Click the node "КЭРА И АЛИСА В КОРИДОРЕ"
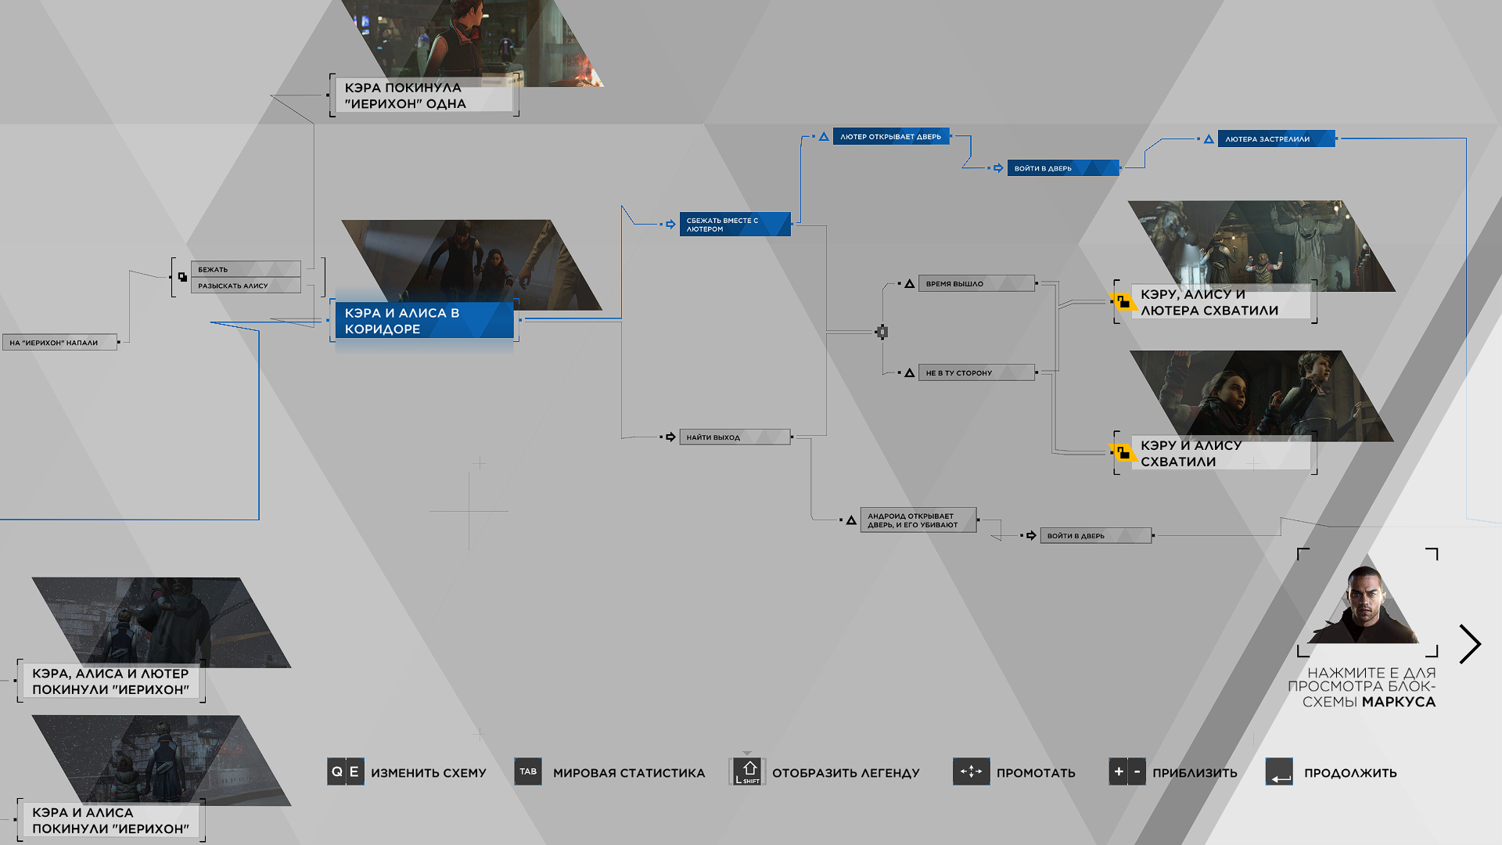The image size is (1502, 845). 424,321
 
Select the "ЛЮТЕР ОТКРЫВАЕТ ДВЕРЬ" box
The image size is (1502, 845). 891,137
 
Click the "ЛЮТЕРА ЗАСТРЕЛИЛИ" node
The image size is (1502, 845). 1276,139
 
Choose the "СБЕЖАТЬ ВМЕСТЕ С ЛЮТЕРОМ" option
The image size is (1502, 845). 735,225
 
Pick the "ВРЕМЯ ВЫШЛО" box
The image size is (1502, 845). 976,284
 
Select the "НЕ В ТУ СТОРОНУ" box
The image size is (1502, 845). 976,373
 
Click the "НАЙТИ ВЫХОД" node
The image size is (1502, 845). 735,437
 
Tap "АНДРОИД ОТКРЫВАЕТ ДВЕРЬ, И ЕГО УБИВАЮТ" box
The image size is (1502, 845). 918,520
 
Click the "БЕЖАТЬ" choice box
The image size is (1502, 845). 246,269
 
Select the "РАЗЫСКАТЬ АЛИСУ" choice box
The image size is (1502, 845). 246,286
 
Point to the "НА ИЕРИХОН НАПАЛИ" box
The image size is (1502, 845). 59,343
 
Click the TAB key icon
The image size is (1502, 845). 528,771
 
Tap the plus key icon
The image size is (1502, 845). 1119,771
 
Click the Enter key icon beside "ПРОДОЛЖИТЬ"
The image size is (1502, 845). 1279,771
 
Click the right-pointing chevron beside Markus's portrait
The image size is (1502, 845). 1471,644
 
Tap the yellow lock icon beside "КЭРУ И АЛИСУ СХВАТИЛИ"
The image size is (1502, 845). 1123,452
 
